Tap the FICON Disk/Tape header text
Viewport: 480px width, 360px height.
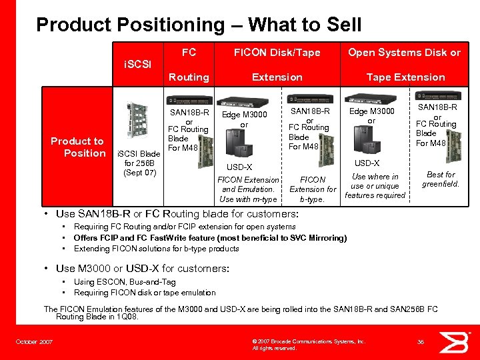pos(277,53)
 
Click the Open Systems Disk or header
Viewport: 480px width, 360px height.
pos(405,53)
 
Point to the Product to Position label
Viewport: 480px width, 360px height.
pos(77,147)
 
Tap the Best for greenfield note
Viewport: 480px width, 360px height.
pos(440,179)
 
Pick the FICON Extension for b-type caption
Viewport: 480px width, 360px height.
pos(313,189)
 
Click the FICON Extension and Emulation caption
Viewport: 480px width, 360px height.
pos(248,189)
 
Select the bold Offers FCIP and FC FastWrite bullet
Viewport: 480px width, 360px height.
pos(210,238)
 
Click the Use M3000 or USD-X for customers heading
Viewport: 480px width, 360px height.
pos(143,268)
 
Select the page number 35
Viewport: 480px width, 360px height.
pos(421,342)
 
